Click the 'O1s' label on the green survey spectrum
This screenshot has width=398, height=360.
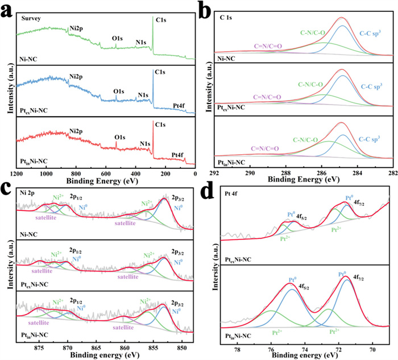(x=118, y=38)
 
